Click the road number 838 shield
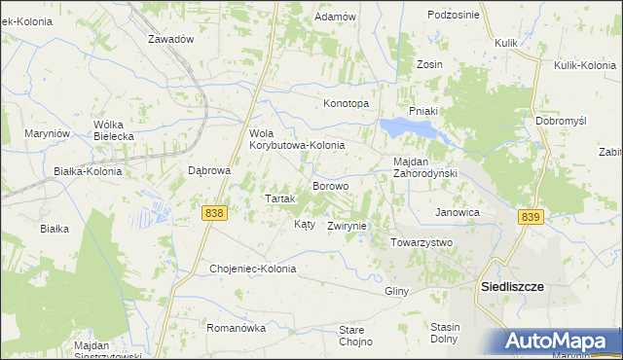click(215, 212)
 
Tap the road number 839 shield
click(530, 218)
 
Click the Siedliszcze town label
click(512, 287)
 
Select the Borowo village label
click(330, 185)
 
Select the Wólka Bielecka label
click(113, 130)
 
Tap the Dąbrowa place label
click(208, 169)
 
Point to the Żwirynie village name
click(347, 225)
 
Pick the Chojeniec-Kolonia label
click(252, 268)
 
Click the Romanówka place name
click(237, 328)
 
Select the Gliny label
click(396, 291)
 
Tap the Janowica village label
click(458, 211)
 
